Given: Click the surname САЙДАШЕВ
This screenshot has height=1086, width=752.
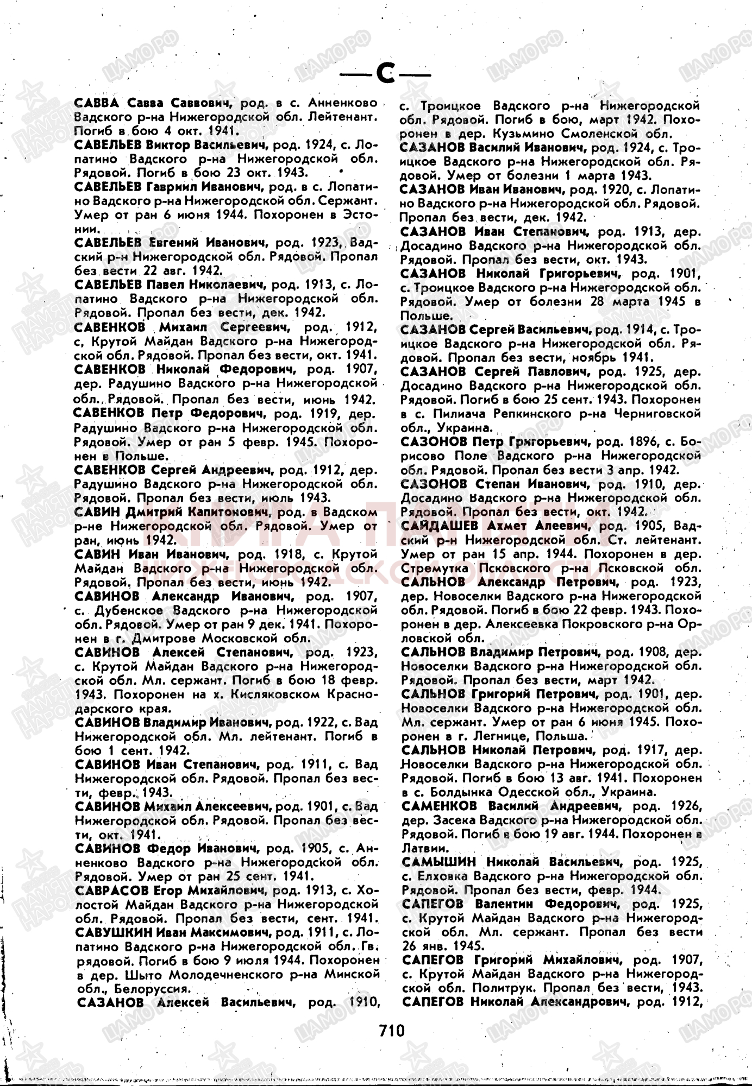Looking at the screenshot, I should click(433, 526).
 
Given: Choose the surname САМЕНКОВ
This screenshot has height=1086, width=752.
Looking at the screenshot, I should click(440, 805).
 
